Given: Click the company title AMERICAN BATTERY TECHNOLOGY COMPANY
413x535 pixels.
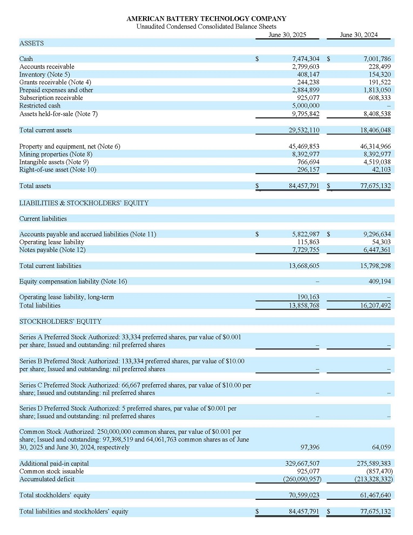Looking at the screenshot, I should click(206, 19).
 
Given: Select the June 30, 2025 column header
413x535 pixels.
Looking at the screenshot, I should click(287, 35).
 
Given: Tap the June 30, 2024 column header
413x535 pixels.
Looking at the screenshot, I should click(358, 35).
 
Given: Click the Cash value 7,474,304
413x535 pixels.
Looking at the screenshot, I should click(305, 58).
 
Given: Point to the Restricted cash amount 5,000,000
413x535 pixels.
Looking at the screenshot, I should click(305, 106).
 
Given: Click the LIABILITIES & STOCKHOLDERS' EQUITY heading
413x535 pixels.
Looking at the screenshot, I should click(84, 203).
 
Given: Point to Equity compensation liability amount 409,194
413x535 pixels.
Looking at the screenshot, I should click(380, 281).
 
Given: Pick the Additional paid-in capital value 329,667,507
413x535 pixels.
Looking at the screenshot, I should click(302, 463).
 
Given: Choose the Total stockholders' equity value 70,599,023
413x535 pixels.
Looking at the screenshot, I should click(303, 495).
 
